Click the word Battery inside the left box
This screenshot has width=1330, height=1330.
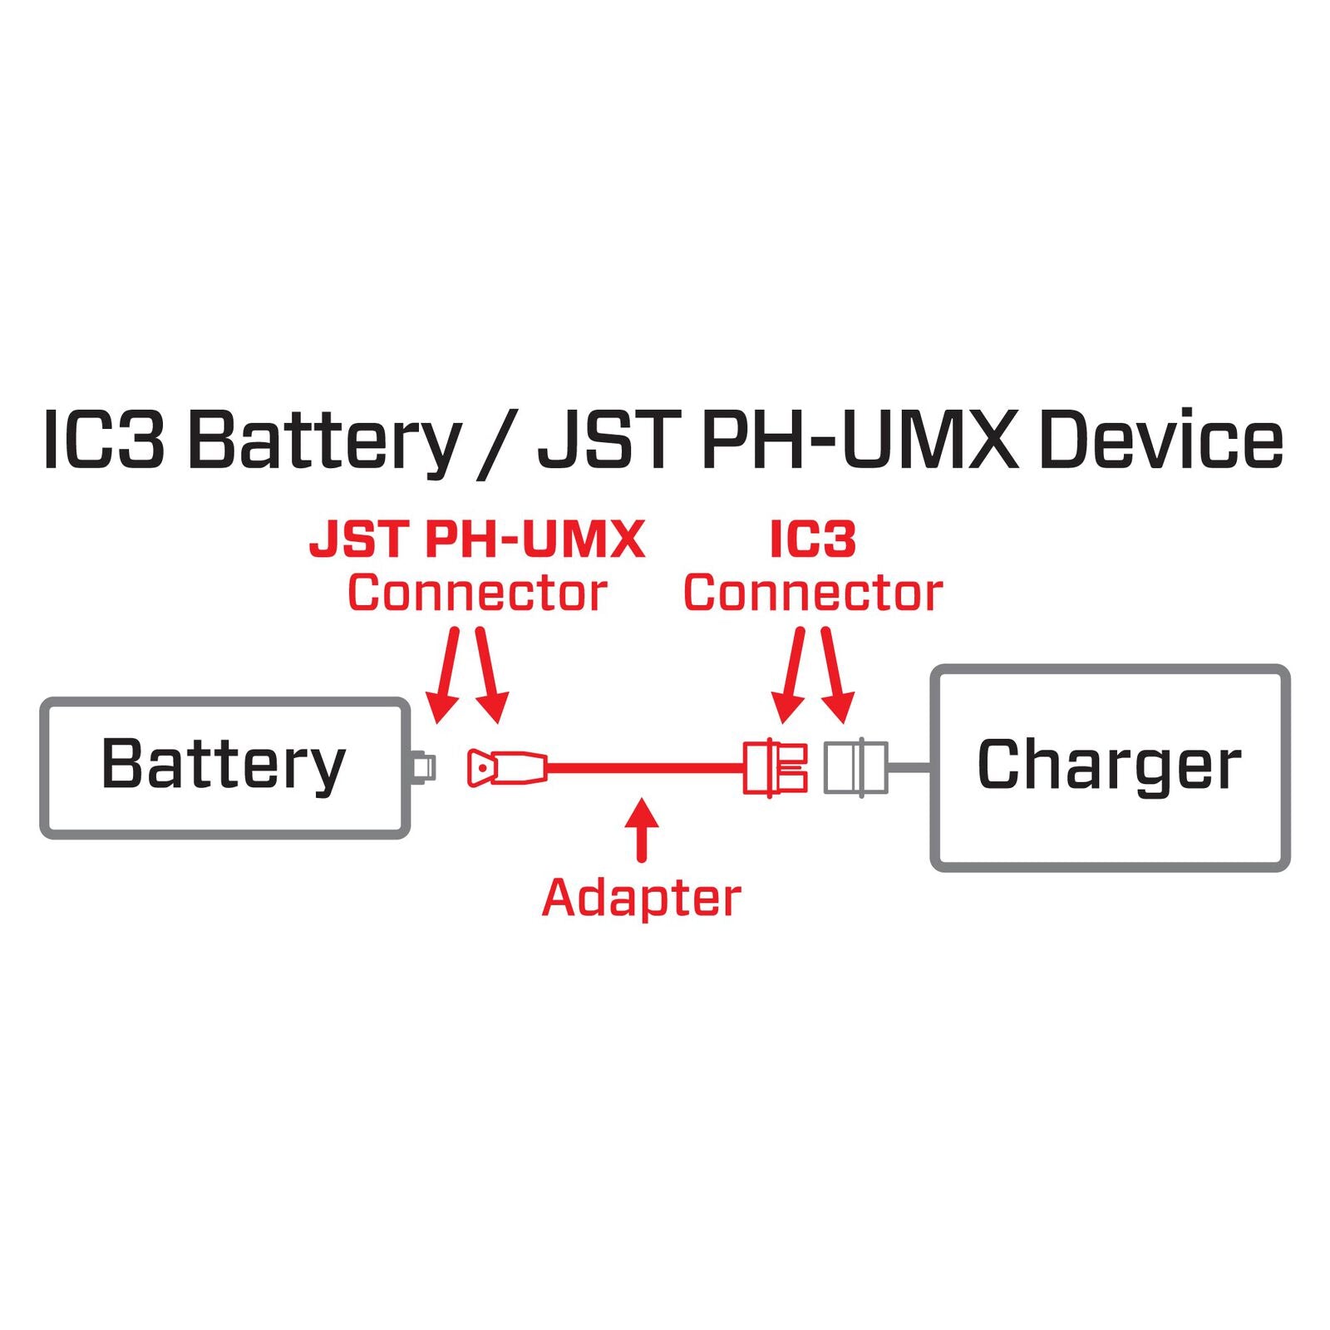click(223, 765)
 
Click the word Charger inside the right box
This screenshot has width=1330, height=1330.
click(1109, 765)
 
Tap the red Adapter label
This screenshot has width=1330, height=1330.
click(641, 898)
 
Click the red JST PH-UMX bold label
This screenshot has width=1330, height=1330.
click(477, 539)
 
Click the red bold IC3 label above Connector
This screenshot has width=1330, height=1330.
click(812, 539)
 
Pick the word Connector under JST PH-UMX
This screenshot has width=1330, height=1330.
click(477, 593)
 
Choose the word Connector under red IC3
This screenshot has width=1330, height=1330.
click(813, 593)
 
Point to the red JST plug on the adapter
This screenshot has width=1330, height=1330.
click(505, 767)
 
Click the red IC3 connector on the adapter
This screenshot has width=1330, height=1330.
click(775, 767)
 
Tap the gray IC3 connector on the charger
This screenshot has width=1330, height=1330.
click(855, 767)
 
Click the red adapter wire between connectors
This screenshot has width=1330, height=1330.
click(644, 767)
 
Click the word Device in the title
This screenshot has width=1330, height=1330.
click(1160, 441)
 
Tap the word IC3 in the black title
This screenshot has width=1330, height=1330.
click(103, 441)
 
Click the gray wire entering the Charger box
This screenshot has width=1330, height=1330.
click(910, 767)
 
